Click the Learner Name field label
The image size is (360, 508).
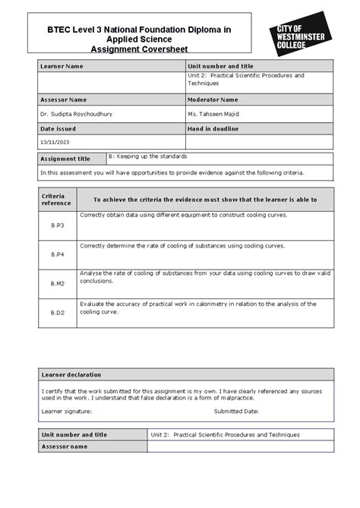[62, 67]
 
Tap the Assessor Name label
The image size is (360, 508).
[64, 99]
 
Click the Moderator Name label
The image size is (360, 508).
[213, 99]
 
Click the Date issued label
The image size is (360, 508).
[58, 128]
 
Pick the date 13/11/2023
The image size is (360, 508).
[55, 143]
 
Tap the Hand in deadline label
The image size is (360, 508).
[215, 128]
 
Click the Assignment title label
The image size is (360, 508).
[65, 159]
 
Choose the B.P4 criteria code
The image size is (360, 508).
[58, 254]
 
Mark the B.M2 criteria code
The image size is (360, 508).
[58, 283]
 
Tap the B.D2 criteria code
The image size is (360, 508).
[58, 312]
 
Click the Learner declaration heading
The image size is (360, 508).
[71, 375]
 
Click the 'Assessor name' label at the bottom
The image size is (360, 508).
[65, 448]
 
